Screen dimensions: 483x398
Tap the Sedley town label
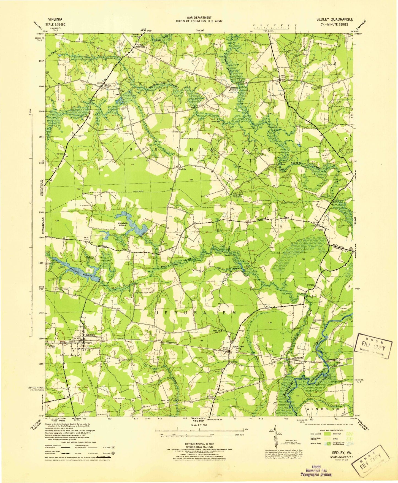(90, 334)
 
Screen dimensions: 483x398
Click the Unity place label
(321, 229)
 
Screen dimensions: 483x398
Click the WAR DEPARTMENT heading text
(199, 18)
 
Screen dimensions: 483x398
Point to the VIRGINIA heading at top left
(55, 19)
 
